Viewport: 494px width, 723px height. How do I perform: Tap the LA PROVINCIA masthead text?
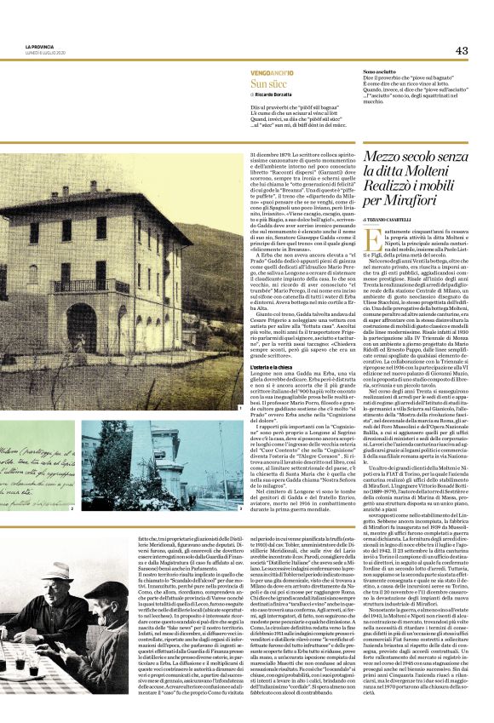39,46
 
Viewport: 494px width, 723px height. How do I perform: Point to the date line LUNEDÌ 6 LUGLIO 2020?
44,53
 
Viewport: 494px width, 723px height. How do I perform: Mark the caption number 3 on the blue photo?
241,508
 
